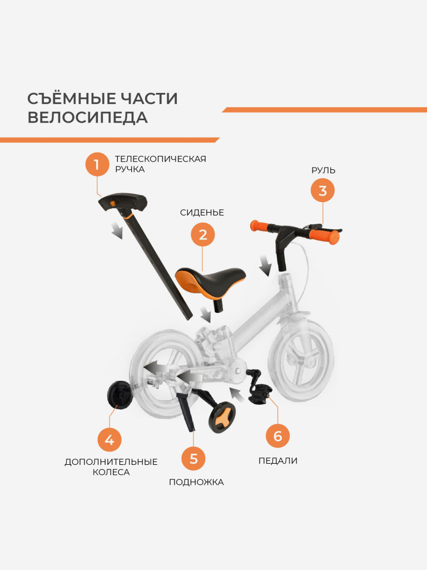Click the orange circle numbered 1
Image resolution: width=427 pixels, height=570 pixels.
click(x=97, y=164)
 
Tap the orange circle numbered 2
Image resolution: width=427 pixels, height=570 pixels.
click(x=202, y=234)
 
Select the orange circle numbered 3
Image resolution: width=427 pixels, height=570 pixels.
click(x=322, y=191)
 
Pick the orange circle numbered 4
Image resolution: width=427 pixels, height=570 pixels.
click(x=110, y=440)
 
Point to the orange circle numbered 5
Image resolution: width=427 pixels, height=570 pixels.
click(x=193, y=459)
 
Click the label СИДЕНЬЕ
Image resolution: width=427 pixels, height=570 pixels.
click(x=202, y=213)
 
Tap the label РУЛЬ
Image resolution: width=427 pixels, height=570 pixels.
click(x=323, y=170)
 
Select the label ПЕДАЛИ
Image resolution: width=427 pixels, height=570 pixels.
click(x=277, y=461)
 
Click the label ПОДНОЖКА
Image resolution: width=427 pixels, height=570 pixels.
click(x=196, y=483)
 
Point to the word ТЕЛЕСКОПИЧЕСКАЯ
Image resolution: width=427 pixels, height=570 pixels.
click(x=160, y=159)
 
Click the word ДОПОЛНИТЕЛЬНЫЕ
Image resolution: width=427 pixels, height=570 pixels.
click(x=111, y=462)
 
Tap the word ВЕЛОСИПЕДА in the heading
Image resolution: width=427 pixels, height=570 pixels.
click(x=87, y=118)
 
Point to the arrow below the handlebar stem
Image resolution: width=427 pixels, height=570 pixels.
click(x=266, y=266)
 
